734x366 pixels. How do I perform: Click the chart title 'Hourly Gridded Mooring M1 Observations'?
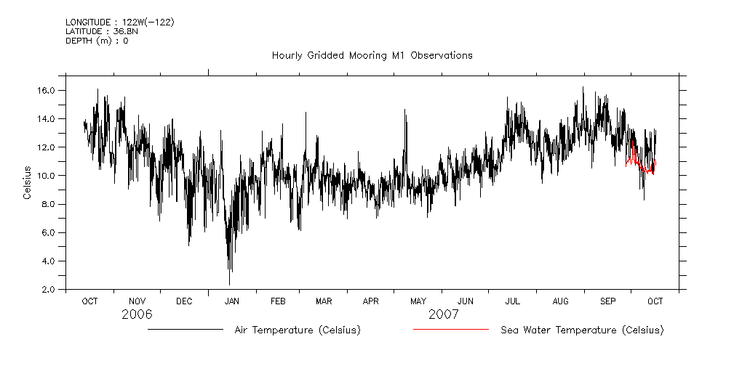pos(372,55)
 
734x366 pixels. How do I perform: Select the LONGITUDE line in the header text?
pos(119,22)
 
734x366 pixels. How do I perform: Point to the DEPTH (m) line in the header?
pos(97,41)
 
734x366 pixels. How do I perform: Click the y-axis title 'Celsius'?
pos(27,183)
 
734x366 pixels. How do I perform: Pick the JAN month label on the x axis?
pos(231,301)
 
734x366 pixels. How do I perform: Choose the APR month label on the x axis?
pos(371,301)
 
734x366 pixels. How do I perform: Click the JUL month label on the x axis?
pos(512,301)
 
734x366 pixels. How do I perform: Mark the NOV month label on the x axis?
pos(137,301)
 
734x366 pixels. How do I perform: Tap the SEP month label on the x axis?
pos(608,301)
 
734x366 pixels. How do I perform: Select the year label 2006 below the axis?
pos(137,314)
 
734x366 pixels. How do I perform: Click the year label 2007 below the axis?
pos(443,314)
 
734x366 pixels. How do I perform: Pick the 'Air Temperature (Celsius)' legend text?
pos(297,330)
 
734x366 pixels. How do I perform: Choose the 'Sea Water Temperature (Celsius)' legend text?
pos(582,330)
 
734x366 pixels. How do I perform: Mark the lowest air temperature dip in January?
pos(230,283)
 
